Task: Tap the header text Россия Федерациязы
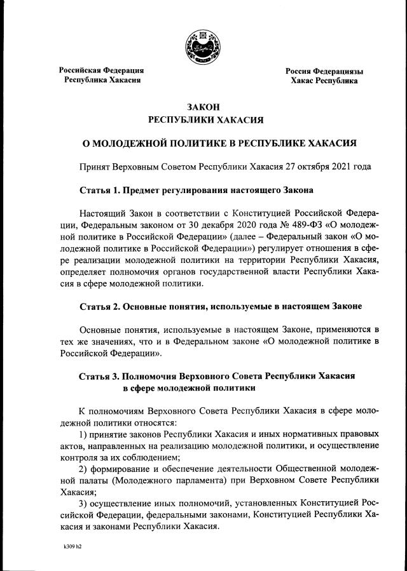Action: (x=324, y=71)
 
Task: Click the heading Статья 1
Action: (x=104, y=190)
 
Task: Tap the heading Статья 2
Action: (x=104, y=306)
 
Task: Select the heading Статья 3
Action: (x=104, y=376)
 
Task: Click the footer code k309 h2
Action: (x=72, y=546)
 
